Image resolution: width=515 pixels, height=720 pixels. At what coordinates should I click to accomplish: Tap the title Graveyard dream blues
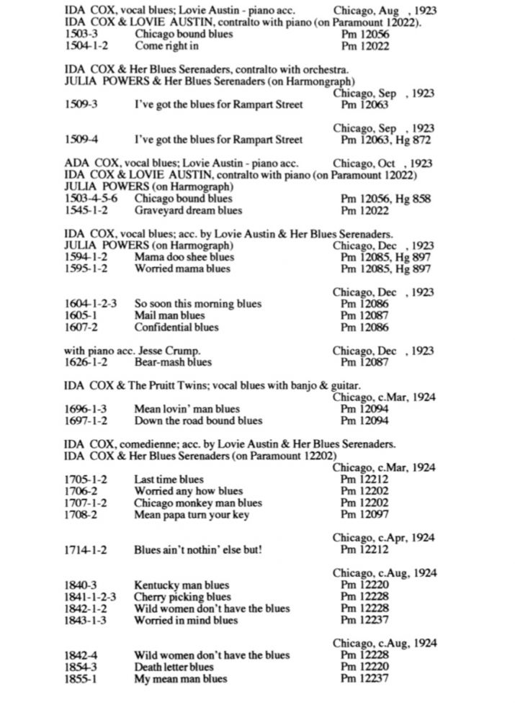188,211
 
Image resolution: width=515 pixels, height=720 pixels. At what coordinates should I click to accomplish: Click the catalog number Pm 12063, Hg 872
387,140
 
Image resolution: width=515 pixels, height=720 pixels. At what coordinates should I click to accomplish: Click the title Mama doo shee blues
184,257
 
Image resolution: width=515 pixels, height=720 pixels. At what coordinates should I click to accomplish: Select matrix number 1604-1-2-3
91,304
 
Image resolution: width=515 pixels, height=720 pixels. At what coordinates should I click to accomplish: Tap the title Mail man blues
169,315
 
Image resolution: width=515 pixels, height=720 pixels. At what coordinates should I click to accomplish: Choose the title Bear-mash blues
173,362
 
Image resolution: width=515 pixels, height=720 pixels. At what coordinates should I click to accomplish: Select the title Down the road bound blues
198,420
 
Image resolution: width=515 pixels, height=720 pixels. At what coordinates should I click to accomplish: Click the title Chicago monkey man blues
198,503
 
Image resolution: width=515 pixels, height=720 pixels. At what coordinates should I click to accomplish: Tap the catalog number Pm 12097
364,515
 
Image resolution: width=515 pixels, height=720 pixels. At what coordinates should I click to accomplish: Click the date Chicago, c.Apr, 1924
383,538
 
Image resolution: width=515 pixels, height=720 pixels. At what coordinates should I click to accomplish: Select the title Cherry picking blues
182,597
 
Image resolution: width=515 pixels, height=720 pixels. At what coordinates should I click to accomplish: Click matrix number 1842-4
81,655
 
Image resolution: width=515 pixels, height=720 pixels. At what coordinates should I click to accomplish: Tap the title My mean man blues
180,678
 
